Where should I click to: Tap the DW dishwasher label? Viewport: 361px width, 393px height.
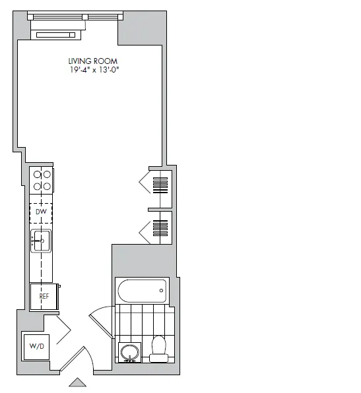pyautogui.click(x=40, y=212)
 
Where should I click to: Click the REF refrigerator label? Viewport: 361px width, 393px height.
pyautogui.click(x=44, y=297)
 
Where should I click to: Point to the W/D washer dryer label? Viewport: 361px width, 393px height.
pyautogui.click(x=36, y=346)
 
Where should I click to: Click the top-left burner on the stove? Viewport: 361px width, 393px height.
pyautogui.click(x=37, y=175)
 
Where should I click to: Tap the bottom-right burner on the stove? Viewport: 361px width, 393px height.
pyautogui.click(x=48, y=186)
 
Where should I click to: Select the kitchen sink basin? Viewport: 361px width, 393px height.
pyautogui.click(x=41, y=241)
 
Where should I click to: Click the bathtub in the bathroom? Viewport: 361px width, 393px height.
pyautogui.click(x=142, y=290)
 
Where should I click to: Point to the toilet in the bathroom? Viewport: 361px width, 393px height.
pyautogui.click(x=158, y=349)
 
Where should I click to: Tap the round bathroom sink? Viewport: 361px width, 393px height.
pyautogui.click(x=129, y=351)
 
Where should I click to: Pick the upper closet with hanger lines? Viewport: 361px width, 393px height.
pyautogui.click(x=162, y=182)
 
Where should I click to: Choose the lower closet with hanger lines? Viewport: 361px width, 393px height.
pyautogui.click(x=162, y=228)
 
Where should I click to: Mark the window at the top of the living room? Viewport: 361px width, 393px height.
pyautogui.click(x=75, y=16)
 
